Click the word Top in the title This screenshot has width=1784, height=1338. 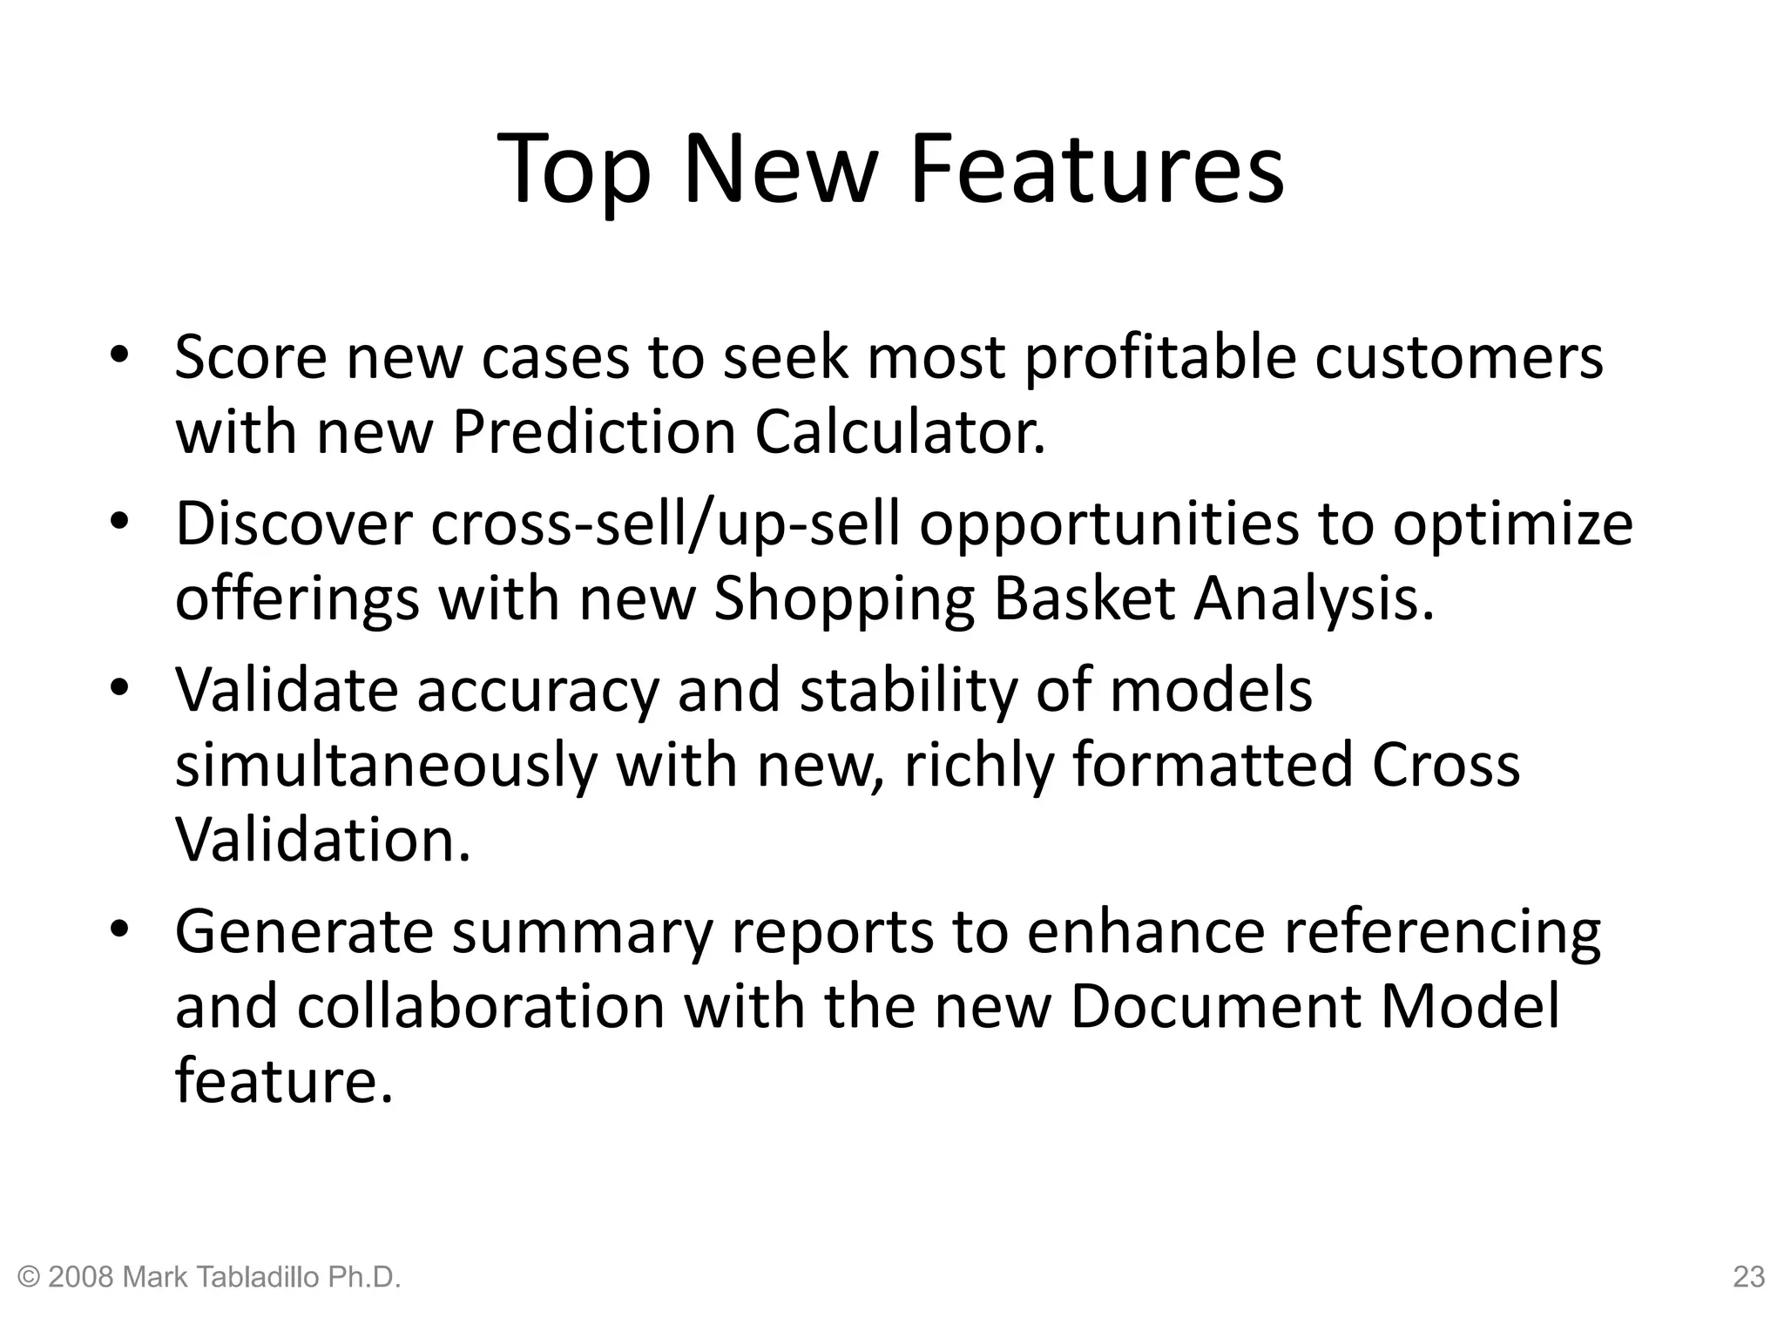tap(575, 170)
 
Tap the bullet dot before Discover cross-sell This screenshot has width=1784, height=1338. tap(119, 522)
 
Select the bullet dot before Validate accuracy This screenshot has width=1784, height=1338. tap(119, 688)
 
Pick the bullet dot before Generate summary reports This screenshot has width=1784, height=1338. tap(119, 929)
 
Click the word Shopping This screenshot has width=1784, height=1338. tap(844, 599)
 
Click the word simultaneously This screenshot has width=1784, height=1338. tap(386, 765)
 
